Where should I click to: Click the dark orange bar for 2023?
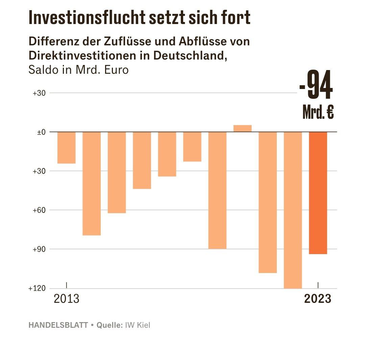tap(318, 193)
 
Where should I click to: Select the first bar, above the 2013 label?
tap(66, 148)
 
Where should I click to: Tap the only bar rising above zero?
tap(243, 128)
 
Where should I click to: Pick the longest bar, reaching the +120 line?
tap(293, 210)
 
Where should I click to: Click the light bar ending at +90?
tap(217, 190)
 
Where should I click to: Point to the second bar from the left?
tap(92, 183)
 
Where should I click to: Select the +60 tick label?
tap(39, 210)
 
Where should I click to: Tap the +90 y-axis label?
tap(39, 249)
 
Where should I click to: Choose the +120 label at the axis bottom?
tap(37, 289)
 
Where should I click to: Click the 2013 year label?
tap(67, 299)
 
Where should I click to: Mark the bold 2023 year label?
tap(318, 299)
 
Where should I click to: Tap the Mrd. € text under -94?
tap(318, 113)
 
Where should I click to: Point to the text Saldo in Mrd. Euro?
tap(79, 70)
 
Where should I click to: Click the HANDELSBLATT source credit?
tap(58, 325)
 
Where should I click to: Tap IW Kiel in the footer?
tap(138, 325)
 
